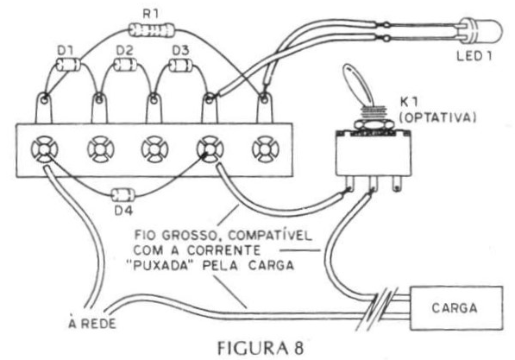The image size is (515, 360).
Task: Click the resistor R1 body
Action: click(152, 30)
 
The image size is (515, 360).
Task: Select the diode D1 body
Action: click(68, 64)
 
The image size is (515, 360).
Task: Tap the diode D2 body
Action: click(125, 64)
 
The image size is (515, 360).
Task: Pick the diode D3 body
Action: click(181, 65)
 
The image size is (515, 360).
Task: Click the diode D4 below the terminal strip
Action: click(122, 195)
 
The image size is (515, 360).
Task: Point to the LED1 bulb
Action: click(481, 31)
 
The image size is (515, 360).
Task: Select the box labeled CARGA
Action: click(456, 308)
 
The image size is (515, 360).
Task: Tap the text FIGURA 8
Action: click(261, 348)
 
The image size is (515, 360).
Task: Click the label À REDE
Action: click(92, 323)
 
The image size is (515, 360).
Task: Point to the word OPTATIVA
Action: click(439, 117)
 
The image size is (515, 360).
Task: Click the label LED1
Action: click(474, 56)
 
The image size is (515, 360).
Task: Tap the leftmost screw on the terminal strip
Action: click(45, 149)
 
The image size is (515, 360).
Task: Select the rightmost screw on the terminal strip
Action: click(266, 149)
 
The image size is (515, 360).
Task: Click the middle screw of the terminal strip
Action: click(154, 149)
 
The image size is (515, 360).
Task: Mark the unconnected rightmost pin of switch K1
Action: click(397, 184)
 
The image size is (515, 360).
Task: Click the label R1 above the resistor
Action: click(150, 14)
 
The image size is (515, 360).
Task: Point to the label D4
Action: click(123, 211)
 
